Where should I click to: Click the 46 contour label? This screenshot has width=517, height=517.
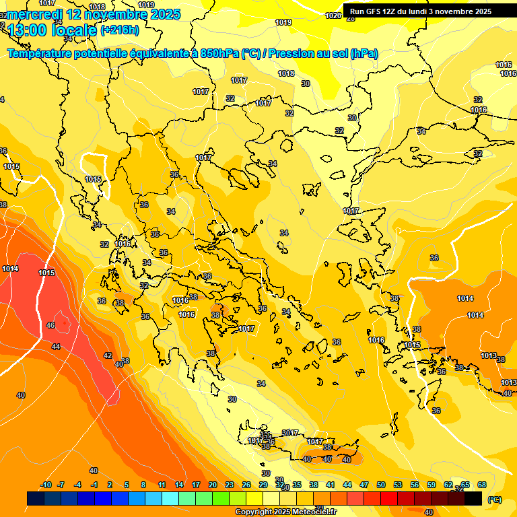(50, 325)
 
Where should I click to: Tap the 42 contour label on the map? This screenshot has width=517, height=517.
(108, 355)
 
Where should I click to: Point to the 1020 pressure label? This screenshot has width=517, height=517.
(333, 15)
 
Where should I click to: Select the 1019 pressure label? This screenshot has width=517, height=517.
(283, 22)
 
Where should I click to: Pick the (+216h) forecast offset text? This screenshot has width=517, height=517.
(119, 30)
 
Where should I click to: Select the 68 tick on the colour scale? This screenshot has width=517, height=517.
(482, 485)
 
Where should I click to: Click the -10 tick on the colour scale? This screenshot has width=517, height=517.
(46, 485)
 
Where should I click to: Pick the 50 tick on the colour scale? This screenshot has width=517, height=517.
(381, 485)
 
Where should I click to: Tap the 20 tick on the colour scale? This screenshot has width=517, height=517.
(213, 485)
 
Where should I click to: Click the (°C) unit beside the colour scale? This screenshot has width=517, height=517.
(495, 499)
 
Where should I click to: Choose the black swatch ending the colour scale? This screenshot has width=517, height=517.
(473, 499)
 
